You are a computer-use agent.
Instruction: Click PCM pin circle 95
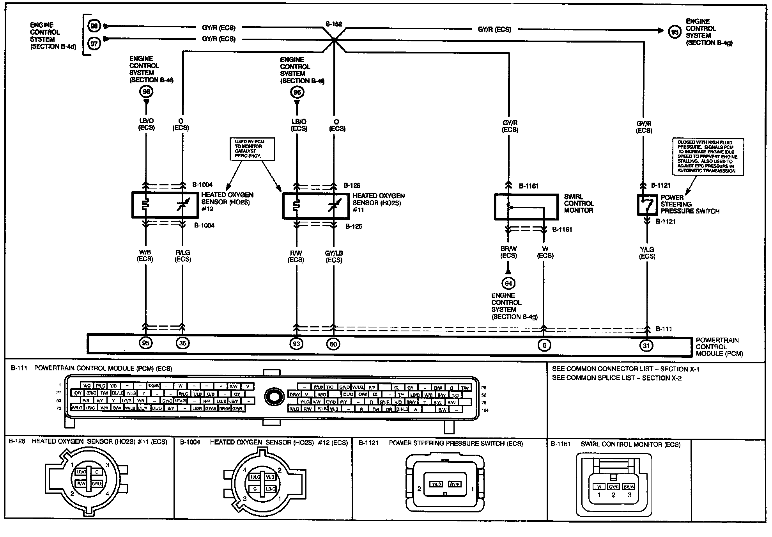146,343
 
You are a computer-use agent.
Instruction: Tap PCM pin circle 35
182,343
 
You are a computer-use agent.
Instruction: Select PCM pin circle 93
296,343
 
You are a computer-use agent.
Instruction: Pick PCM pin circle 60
333,343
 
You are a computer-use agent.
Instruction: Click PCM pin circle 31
646,345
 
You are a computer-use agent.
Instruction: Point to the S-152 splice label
334,24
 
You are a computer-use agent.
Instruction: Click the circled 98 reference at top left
94,26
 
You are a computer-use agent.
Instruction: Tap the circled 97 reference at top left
94,43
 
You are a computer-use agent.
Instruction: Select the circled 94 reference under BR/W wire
508,283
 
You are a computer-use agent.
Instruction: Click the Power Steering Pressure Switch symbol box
647,205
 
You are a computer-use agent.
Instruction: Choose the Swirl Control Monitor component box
526,206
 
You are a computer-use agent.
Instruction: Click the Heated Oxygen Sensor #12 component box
165,205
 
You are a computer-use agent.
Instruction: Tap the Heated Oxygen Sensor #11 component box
315,206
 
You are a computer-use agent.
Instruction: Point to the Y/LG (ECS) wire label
647,252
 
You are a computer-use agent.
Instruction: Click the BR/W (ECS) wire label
508,252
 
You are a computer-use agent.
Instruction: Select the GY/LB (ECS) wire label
334,256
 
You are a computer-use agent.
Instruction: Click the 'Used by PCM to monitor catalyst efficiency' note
251,149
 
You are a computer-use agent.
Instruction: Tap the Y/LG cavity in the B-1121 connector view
436,484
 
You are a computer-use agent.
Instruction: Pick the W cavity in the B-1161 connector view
598,487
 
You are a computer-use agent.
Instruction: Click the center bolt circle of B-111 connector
274,397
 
